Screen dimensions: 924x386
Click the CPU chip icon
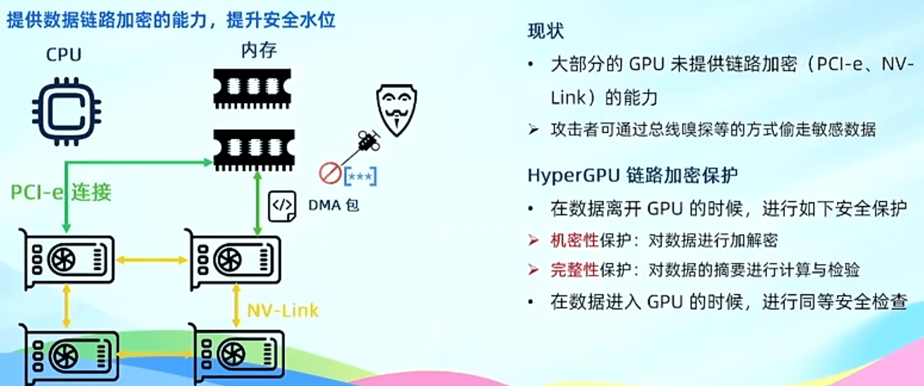pos(67,111)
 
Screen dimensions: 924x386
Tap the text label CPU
pos(63,54)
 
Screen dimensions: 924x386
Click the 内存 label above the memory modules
pos(259,50)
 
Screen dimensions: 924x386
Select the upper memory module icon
pos(252,88)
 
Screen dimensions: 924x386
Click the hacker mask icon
pos(397,110)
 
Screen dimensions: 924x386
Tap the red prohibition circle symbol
pos(330,173)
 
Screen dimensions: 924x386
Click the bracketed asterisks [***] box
pos(360,176)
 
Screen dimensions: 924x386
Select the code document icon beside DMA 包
pos(282,206)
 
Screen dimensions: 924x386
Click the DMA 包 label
pos(334,205)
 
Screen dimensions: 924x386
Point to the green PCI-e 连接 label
pos(61,192)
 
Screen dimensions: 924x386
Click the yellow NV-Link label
pos(282,310)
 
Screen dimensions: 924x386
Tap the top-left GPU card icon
pos(67,259)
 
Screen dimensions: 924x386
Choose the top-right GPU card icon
pos(233,259)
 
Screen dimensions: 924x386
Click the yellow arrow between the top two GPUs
pos(152,260)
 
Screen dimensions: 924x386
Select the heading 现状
pos(546,31)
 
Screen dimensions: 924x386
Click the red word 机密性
pos(575,240)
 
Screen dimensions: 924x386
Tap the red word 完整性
pos(575,270)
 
